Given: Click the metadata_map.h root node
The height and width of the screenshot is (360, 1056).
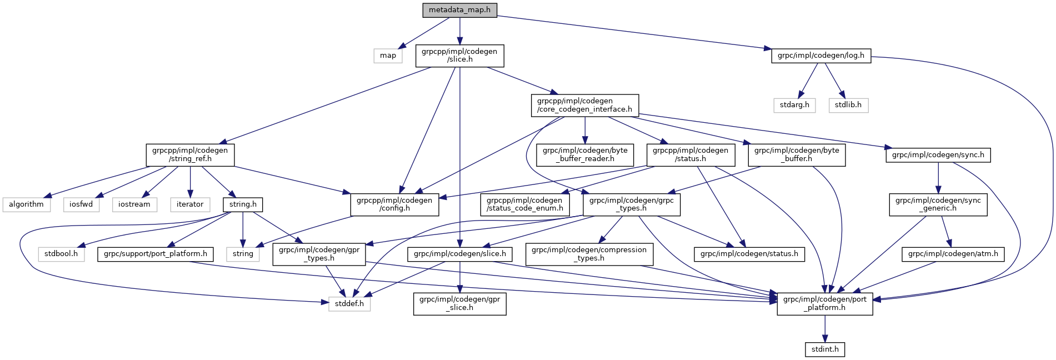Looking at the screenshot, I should coord(459,10).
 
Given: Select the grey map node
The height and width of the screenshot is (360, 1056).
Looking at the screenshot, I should coord(388,56).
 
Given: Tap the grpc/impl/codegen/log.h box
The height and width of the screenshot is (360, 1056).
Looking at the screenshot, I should coord(820,56).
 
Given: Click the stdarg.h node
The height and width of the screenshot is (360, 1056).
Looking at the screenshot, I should coord(794,105).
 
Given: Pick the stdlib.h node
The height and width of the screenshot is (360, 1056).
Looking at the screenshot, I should coord(848,105).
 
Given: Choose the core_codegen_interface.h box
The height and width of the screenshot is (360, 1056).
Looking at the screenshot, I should coord(584,105).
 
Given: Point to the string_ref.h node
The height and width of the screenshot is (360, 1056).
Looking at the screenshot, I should coord(190,154).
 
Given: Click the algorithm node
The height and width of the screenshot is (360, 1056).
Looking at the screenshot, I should coord(26,204).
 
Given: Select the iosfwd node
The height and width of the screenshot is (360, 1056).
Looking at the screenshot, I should coord(81,204).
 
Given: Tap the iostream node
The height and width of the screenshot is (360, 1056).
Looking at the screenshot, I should coord(134,204).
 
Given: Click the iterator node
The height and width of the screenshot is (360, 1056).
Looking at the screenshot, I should coord(190,204).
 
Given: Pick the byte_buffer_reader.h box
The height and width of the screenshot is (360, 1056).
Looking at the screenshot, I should coord(585,154).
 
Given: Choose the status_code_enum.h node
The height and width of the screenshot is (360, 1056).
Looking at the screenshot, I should coord(525,204).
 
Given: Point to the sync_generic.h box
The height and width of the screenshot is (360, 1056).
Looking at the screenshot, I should coord(938,204).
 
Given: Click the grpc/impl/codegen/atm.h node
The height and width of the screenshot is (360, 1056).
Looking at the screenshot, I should coord(953,254).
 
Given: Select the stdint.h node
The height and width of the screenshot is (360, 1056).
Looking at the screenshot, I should coord(825,349).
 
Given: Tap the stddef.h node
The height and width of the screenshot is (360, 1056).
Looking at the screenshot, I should coord(349,304).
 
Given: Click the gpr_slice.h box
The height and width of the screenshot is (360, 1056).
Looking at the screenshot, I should coord(459,304).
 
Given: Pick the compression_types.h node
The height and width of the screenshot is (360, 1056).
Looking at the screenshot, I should coord(589,254).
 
